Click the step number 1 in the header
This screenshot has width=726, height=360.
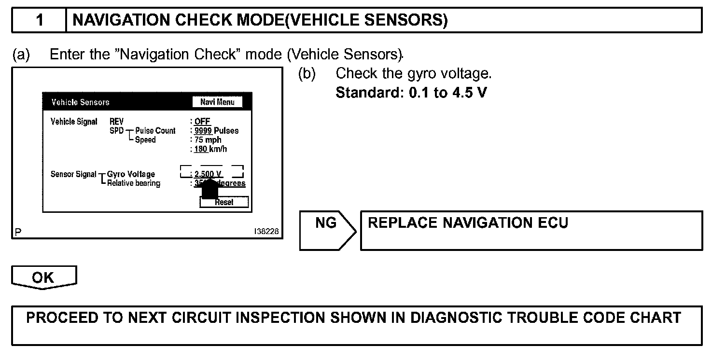40,20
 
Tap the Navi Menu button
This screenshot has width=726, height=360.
217,102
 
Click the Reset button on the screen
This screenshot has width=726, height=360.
224,202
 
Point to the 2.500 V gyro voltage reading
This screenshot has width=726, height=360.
209,174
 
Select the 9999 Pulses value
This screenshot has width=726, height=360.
216,131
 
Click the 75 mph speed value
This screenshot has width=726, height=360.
208,140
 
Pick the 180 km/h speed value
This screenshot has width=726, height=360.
210,149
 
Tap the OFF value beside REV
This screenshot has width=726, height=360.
202,122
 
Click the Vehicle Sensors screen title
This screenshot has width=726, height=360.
80,102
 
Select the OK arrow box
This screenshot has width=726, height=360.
43,278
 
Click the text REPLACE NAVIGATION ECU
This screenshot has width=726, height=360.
468,223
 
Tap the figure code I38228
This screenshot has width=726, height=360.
266,232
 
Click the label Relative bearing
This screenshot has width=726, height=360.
134,183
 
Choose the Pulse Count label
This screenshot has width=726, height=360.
155,131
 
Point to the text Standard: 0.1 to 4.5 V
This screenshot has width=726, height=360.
411,92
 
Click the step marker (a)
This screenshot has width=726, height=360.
21,55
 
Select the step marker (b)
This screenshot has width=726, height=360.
307,74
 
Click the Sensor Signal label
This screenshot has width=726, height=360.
73,174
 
